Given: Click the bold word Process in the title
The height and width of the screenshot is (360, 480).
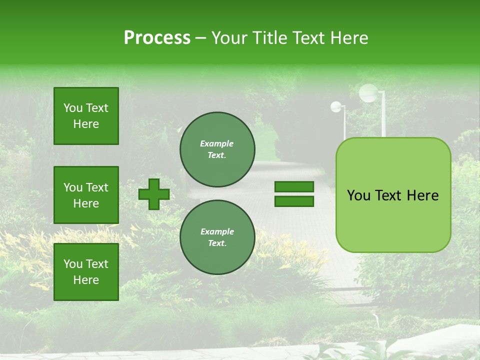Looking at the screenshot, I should pos(157,38).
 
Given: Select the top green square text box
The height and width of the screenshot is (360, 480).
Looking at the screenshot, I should pos(86,116).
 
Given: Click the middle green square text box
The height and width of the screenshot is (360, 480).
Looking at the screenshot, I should pos(86,195).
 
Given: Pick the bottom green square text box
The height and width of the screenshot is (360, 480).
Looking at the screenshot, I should pos(86,272).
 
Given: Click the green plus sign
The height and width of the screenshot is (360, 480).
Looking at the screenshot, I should pos(154,194).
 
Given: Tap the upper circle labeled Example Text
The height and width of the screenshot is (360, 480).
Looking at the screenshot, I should pos(217,149).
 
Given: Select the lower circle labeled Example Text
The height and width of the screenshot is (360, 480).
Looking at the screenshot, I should pos(217,237).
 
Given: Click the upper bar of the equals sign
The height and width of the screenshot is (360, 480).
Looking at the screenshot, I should pos(294,186).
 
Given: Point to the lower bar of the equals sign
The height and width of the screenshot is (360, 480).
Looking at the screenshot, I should pos(294,201).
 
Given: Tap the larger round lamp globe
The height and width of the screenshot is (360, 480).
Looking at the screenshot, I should pos(368,93).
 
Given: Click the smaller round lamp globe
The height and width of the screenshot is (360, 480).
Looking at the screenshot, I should pos(336,106).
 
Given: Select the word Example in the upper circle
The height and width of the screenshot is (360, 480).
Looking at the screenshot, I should pos(216,143).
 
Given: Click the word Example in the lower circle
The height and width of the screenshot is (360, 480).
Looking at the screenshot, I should pos(217,231).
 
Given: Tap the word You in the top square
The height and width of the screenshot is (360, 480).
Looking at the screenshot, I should pos(72,108).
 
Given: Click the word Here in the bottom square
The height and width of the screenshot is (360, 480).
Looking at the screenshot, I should pos(86,280).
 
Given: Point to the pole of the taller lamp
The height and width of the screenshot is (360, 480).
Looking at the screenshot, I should pos(383,117).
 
